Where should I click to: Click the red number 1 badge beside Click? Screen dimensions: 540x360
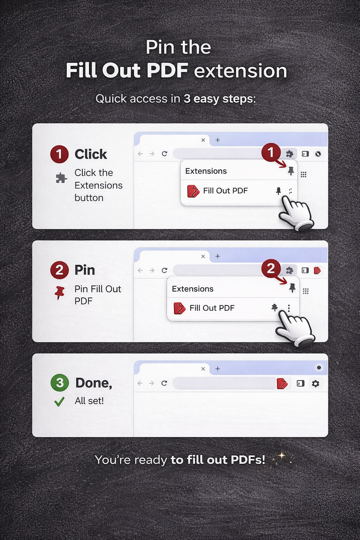59,154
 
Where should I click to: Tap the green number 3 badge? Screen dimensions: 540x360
60,382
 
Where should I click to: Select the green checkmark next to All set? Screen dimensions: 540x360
59,401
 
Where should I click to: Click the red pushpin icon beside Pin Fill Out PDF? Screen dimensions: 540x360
59,292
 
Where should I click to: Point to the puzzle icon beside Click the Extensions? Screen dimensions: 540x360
61,178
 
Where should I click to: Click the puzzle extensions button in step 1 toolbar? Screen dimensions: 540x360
289,154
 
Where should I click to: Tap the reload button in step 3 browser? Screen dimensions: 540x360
164,383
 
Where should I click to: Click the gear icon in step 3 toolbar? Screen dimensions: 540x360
315,384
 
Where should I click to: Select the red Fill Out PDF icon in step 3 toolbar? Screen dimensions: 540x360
282,384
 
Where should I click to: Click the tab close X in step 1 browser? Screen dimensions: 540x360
203,140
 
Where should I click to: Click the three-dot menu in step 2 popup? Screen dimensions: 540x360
289,308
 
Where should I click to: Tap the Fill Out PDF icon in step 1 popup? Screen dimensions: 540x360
193,191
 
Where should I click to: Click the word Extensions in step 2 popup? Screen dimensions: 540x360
193,289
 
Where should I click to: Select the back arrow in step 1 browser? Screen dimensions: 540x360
141,154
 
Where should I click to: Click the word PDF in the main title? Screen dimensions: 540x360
167,70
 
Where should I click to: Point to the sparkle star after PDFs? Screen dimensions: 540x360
282,456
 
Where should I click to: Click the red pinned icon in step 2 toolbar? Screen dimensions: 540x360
317,270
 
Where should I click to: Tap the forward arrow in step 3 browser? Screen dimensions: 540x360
152,383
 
